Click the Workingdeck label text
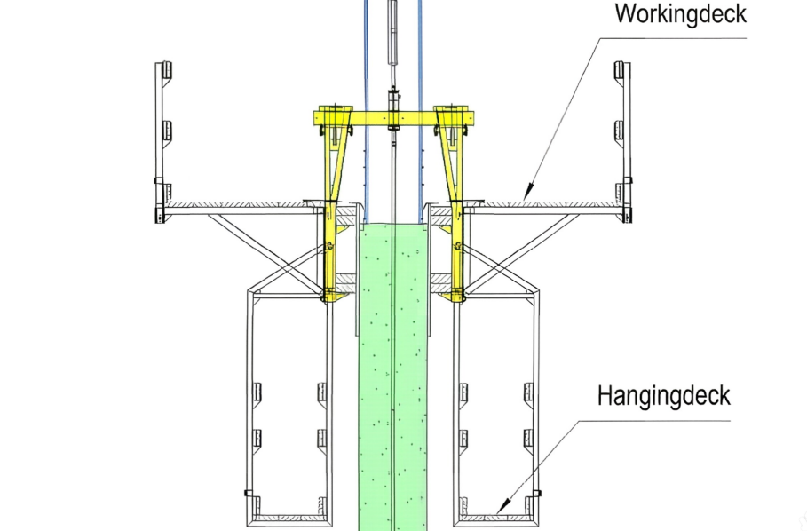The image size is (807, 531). (680, 12)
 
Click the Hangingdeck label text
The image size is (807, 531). (663, 396)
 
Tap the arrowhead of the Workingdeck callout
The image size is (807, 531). (528, 194)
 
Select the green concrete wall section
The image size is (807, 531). (392, 376)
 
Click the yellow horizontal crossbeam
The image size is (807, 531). (392, 118)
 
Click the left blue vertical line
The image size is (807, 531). (366, 111)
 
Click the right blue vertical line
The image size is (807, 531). (421, 111)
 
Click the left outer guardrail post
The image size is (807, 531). (159, 143)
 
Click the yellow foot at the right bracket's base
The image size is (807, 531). (455, 296)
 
